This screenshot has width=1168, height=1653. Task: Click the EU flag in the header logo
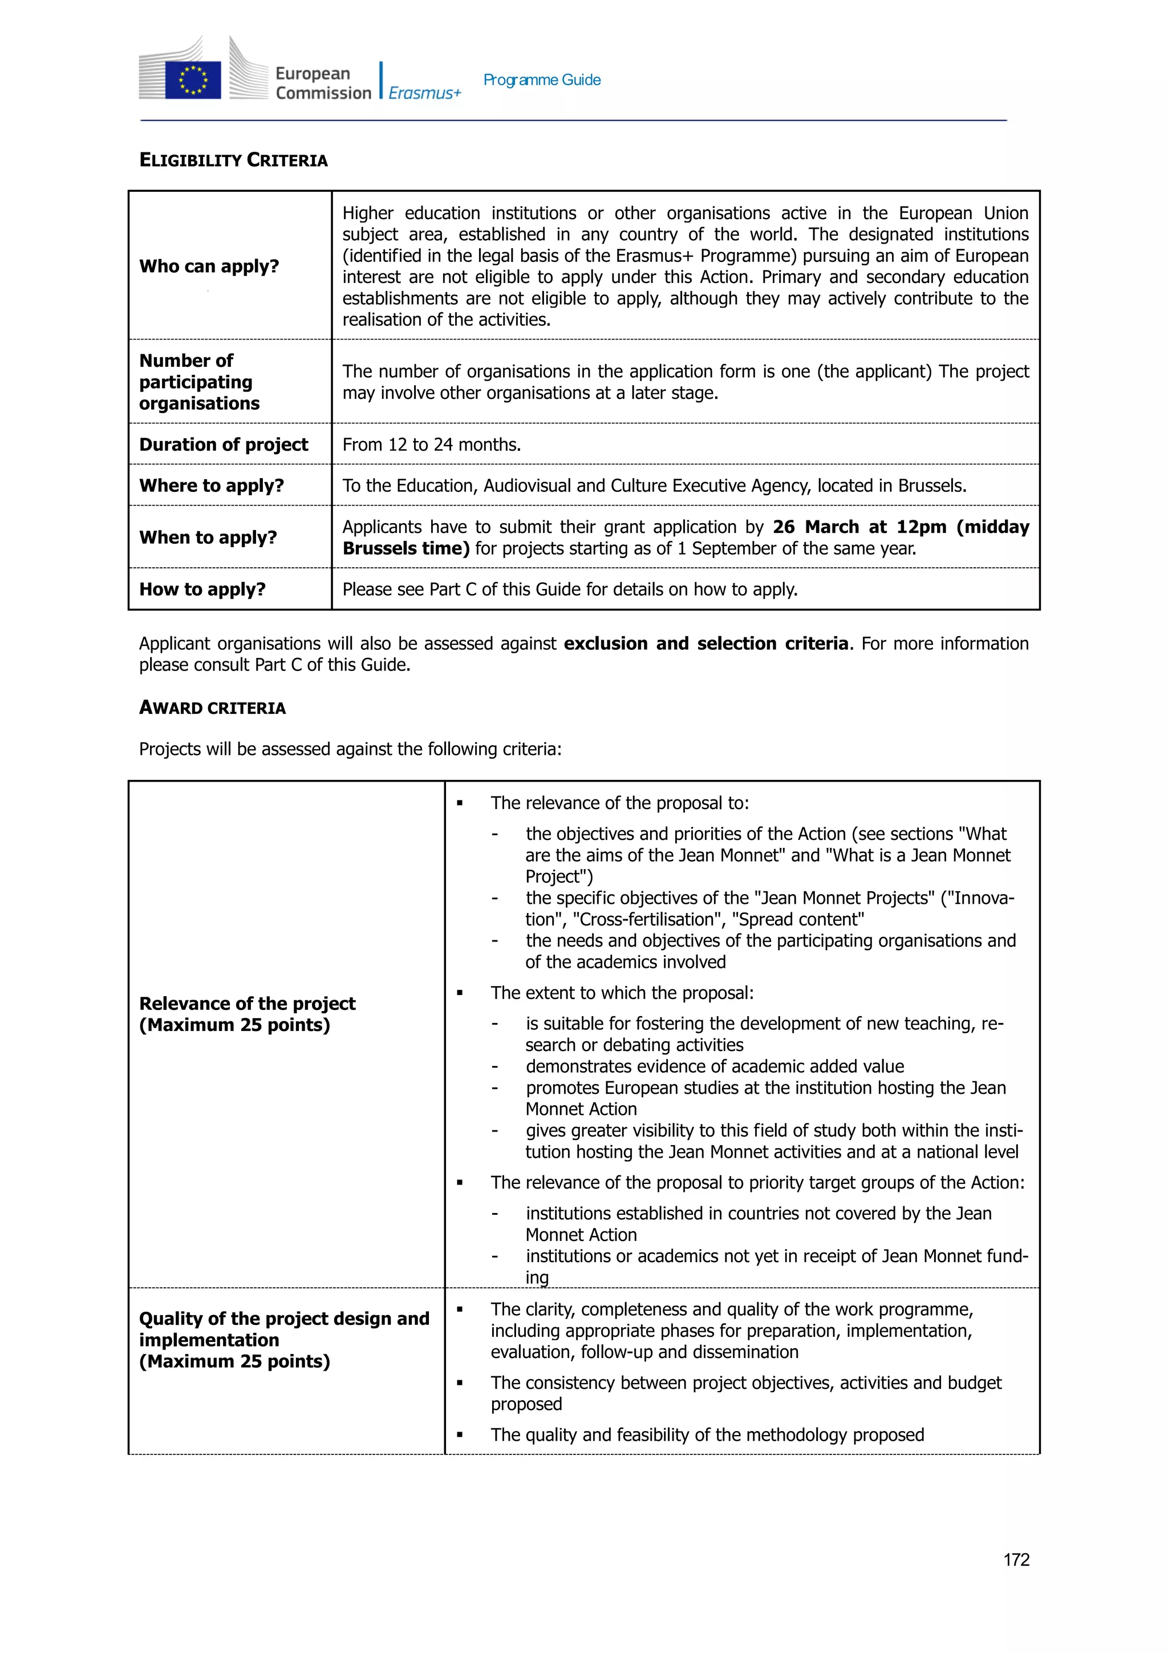click(192, 80)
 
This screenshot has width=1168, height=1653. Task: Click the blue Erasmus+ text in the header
click(424, 93)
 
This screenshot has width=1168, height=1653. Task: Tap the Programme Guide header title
click(541, 80)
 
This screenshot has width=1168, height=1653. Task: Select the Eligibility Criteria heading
click(233, 160)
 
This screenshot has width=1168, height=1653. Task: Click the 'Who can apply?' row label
click(209, 266)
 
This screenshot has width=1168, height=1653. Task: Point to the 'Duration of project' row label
click(223, 444)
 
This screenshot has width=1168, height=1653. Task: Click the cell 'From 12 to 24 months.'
click(431, 444)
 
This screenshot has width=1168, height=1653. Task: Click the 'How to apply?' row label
click(202, 589)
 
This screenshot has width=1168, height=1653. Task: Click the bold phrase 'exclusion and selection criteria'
click(705, 643)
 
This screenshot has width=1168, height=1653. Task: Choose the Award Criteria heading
click(212, 708)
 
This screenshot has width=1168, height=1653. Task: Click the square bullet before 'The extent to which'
click(460, 993)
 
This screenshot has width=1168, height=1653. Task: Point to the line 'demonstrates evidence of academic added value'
click(714, 1066)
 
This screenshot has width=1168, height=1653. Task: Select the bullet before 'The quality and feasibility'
click(460, 1435)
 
